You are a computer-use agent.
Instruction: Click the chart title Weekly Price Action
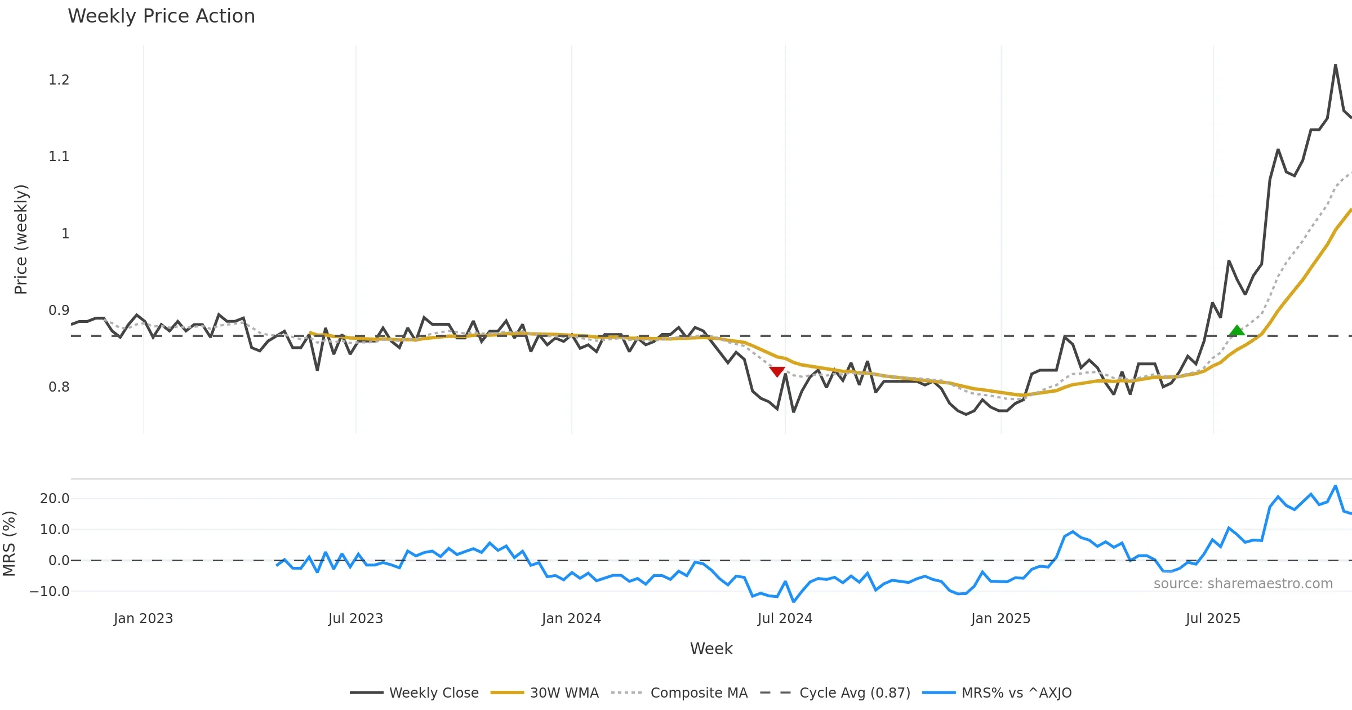161,16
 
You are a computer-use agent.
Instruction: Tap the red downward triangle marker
777,371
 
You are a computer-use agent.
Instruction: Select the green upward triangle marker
1237,331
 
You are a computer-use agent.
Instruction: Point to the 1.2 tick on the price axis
59,80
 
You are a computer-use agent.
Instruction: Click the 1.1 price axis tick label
59,157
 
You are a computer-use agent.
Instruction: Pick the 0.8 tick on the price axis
59,387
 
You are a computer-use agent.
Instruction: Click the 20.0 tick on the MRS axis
55,499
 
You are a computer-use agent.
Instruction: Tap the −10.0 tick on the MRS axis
50,592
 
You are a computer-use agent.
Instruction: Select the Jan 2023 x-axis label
143,619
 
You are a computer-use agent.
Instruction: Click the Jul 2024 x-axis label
785,619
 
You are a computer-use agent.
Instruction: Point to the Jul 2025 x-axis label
1213,619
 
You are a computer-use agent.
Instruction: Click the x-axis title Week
711,649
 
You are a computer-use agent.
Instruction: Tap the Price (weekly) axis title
21,239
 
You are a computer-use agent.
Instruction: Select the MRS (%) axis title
9,544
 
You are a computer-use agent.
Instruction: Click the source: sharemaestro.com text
1243,584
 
